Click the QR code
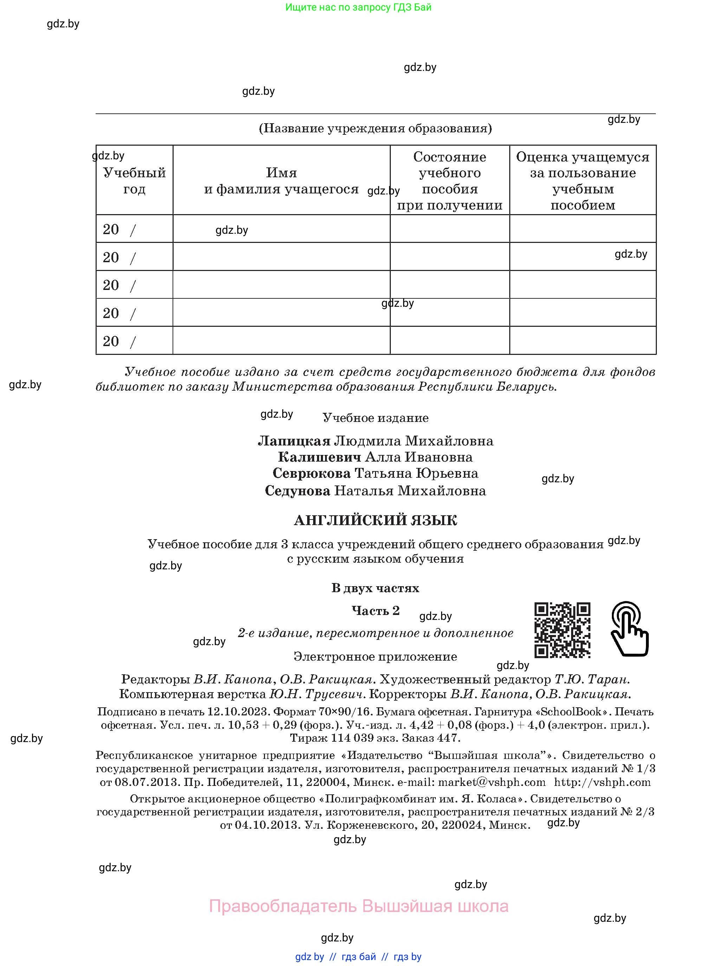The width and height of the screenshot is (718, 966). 562,629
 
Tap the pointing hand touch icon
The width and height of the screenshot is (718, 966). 629,629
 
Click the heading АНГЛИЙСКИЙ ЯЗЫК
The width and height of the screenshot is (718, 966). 375,520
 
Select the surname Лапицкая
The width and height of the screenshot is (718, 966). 294,441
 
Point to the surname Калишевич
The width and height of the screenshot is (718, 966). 319,457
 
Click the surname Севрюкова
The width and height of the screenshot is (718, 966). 312,473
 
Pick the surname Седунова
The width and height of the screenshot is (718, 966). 298,491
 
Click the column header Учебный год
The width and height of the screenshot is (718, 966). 134,181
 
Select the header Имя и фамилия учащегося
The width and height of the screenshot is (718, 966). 281,181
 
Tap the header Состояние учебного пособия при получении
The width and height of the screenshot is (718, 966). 449,181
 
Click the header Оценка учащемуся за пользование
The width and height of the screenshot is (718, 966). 582,181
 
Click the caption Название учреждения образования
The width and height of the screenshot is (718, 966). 375,128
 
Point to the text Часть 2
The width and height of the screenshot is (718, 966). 375,611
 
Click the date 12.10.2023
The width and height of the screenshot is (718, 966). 239,712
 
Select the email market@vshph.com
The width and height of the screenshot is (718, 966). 492,782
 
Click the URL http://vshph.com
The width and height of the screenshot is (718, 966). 602,782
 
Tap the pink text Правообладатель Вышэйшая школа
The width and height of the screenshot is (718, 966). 358,906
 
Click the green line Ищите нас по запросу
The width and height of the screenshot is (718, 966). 358,7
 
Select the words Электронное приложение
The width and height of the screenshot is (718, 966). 375,656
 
